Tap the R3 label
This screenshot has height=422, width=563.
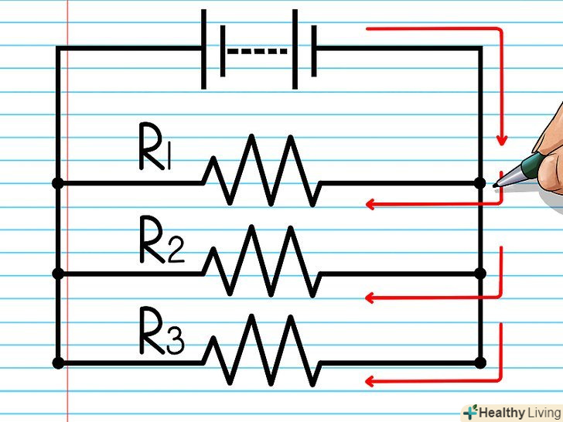(161, 332)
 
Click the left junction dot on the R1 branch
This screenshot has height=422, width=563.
(57, 184)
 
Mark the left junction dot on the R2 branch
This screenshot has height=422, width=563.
(57, 274)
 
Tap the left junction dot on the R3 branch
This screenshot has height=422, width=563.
(57, 362)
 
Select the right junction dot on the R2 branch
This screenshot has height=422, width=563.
(479, 274)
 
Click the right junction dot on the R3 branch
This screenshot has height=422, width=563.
(479, 362)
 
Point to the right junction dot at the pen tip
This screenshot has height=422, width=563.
(479, 184)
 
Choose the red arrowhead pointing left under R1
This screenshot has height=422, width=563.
(370, 205)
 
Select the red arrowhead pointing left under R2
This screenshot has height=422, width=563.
(370, 297)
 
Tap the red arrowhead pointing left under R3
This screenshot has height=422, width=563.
(370, 380)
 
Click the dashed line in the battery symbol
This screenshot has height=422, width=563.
(258, 53)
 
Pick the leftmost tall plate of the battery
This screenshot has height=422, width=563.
(204, 49)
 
